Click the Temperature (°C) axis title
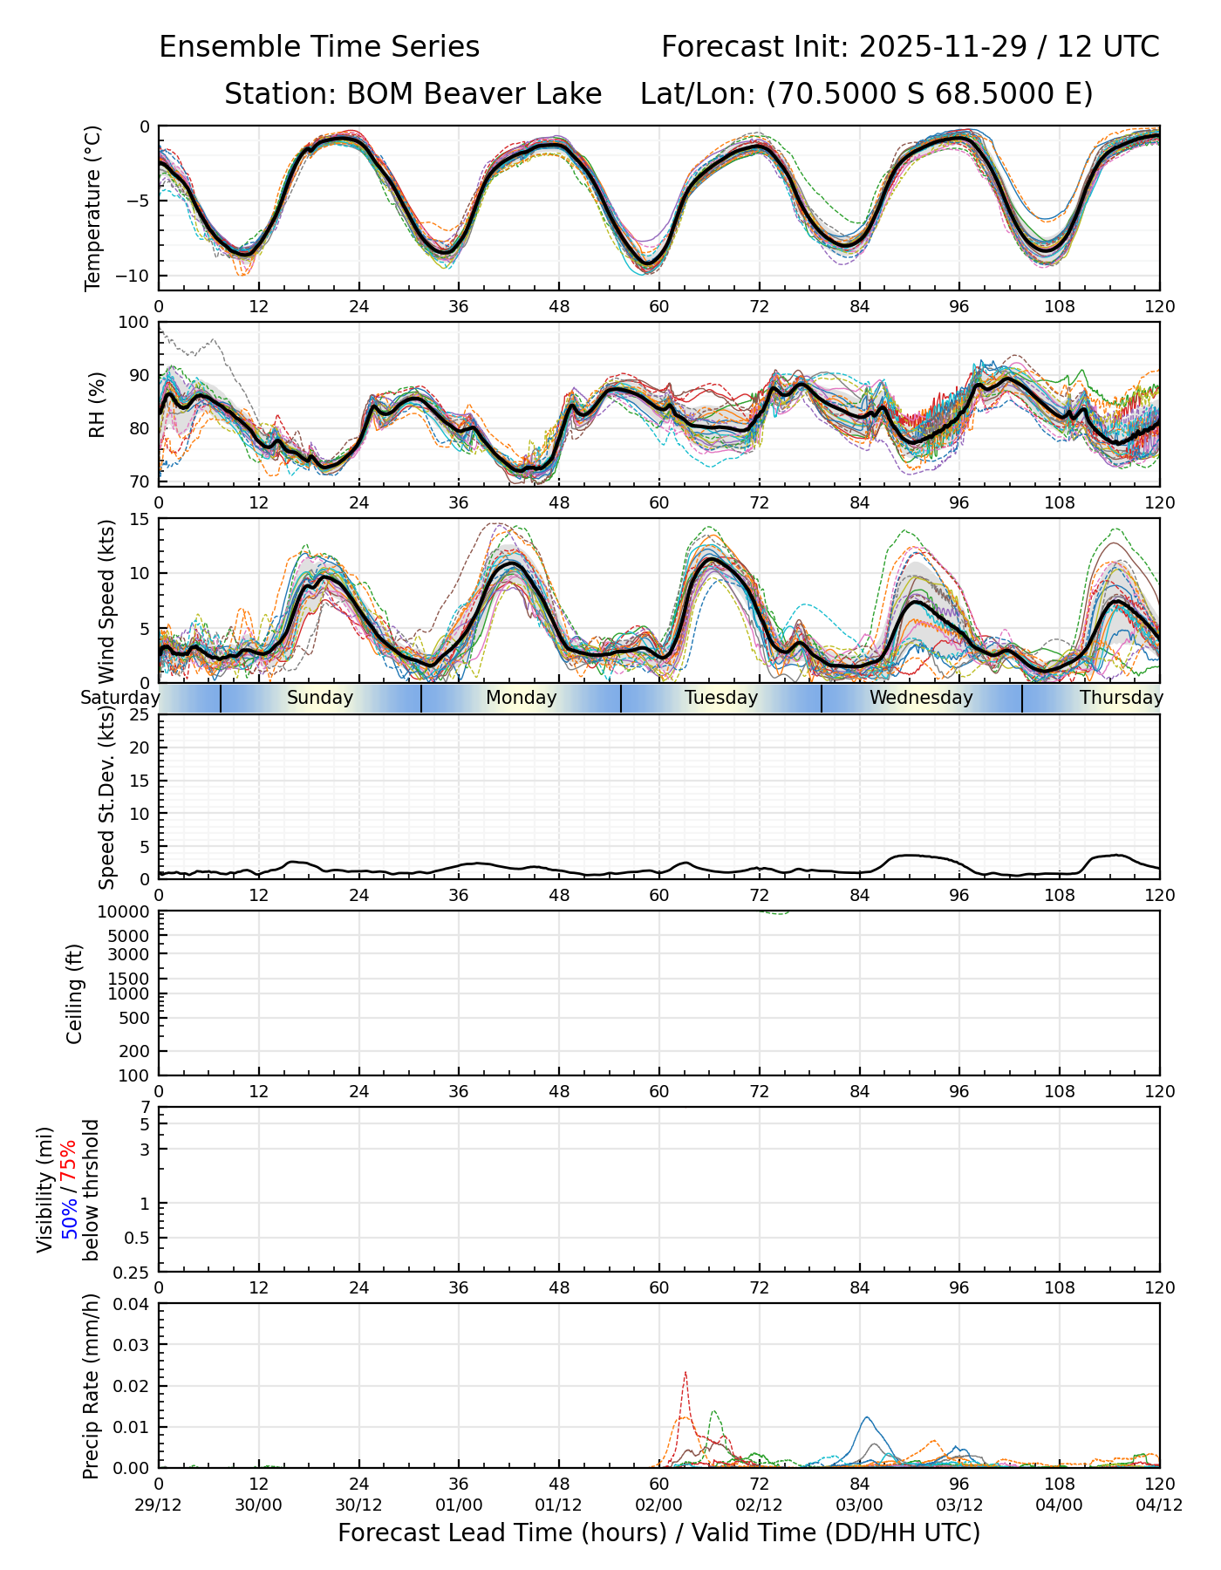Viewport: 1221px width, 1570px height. click(92, 208)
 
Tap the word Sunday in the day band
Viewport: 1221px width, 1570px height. click(320, 698)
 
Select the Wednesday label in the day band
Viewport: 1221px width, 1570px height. click(921, 698)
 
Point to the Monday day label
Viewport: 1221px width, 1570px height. click(521, 698)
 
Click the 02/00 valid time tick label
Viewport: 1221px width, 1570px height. click(659, 1505)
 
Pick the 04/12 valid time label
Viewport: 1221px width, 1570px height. click(1159, 1505)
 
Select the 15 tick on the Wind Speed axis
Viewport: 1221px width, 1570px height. click(140, 519)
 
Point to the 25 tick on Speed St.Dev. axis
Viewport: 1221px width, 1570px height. click(140, 715)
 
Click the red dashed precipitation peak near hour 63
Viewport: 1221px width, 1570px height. click(686, 1374)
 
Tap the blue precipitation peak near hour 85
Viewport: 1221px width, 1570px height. click(866, 1418)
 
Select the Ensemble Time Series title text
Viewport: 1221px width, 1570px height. click(319, 47)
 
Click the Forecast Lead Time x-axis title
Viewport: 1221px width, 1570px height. click(658, 1533)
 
